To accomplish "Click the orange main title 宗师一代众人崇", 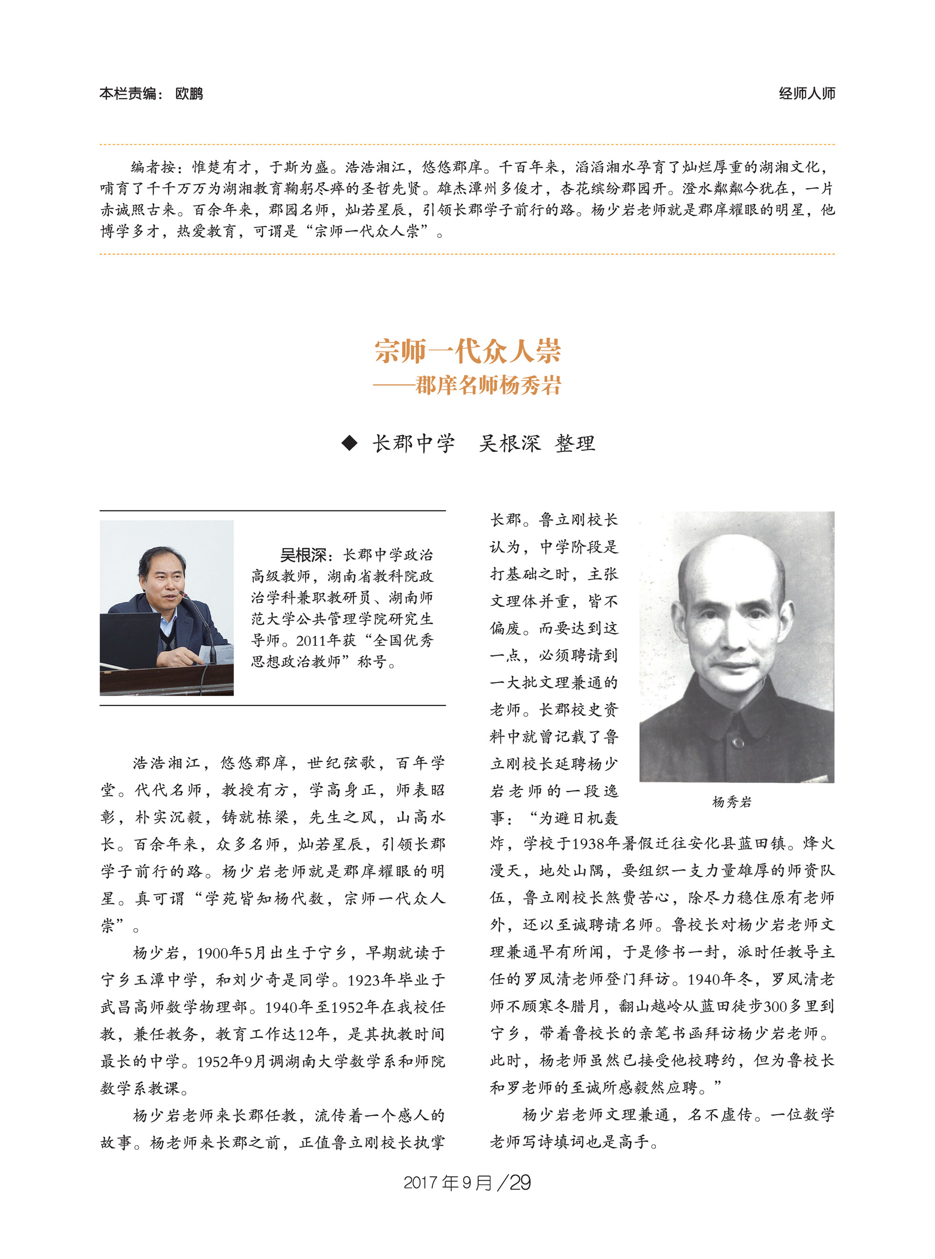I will click(x=467, y=351).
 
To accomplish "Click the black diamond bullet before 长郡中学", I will click(x=350, y=443).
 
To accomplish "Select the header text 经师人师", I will click(x=806, y=93).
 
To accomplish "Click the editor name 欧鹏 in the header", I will click(x=189, y=93).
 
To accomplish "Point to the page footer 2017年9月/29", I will click(x=467, y=1183).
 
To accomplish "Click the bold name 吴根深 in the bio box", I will click(x=303, y=555).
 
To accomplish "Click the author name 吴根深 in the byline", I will click(x=510, y=443).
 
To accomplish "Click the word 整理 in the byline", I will click(x=575, y=443).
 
